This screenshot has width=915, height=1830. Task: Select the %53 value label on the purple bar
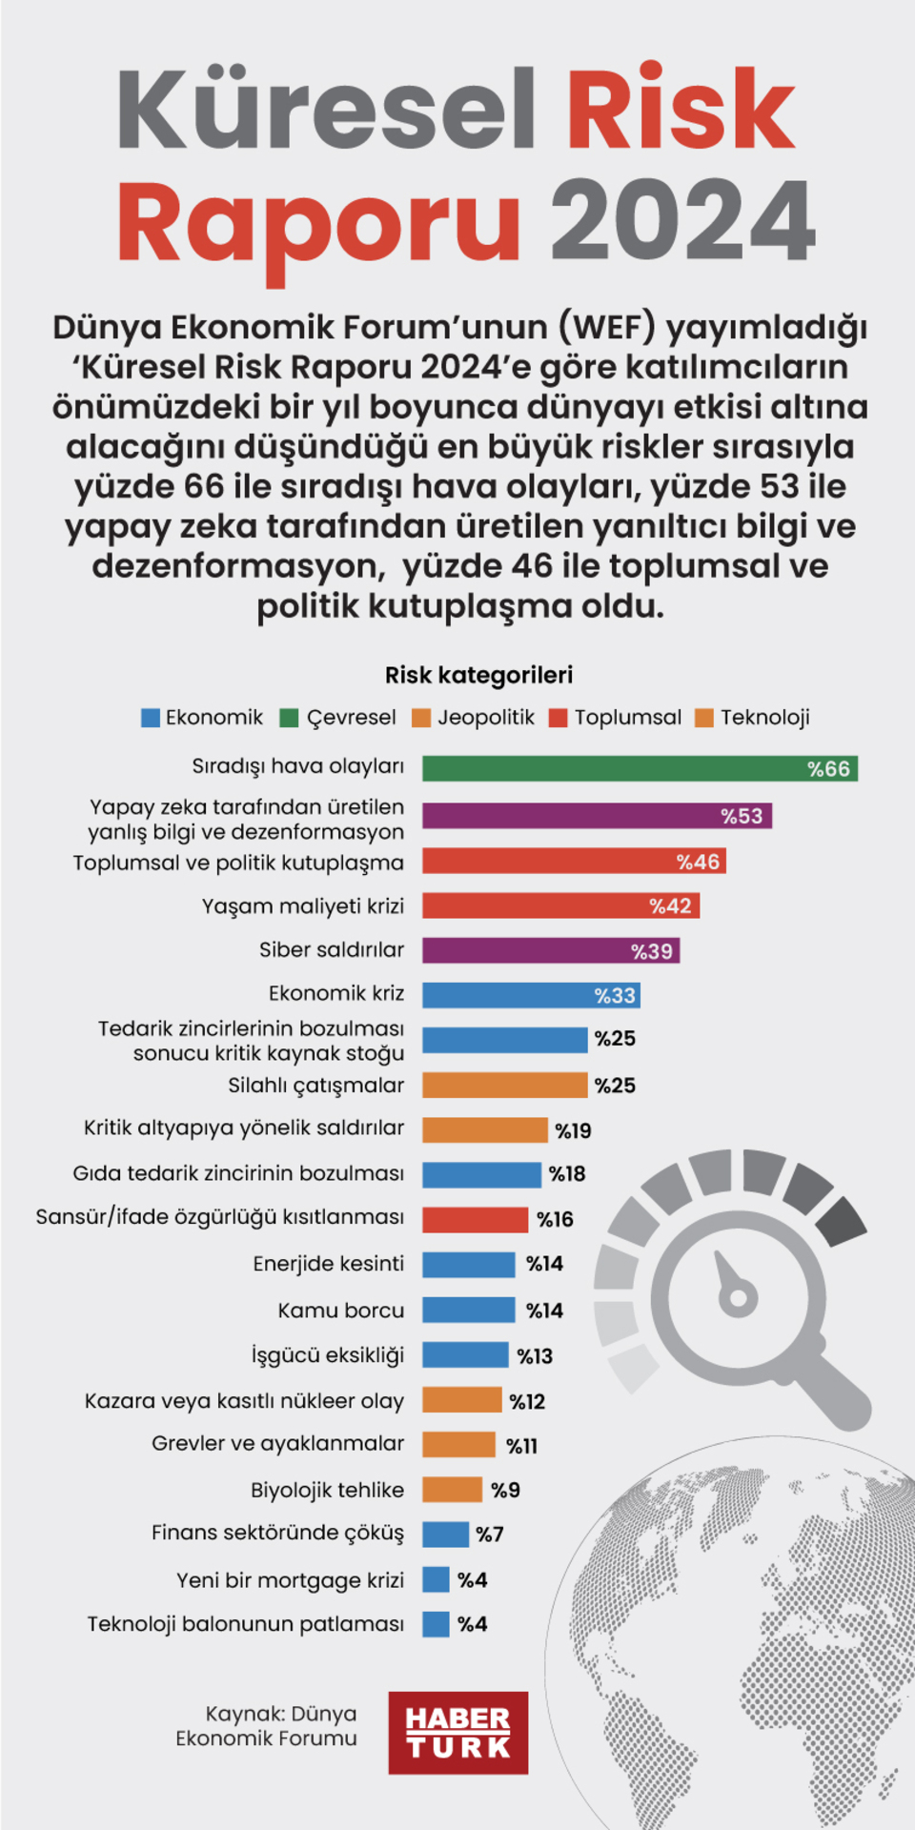(x=742, y=816)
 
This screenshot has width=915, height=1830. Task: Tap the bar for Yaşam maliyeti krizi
(x=560, y=905)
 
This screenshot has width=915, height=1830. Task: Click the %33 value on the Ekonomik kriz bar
(x=615, y=995)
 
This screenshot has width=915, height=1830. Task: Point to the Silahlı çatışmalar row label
(x=315, y=1085)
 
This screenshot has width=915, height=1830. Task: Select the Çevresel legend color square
(x=289, y=718)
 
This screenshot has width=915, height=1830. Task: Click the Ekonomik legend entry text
(x=213, y=717)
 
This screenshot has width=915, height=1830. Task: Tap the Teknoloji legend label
(x=764, y=717)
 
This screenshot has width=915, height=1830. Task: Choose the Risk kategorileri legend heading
(x=478, y=675)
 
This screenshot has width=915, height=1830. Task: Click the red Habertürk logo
(x=457, y=1733)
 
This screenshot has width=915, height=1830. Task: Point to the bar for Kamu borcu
(x=468, y=1310)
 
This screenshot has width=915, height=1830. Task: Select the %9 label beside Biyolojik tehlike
(x=505, y=1490)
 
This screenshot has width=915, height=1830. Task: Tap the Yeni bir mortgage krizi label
(x=290, y=1579)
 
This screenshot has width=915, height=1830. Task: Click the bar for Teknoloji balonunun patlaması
(x=436, y=1623)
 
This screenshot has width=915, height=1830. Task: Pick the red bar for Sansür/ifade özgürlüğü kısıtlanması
(x=475, y=1219)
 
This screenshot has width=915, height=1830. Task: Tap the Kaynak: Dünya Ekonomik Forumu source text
(x=267, y=1725)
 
